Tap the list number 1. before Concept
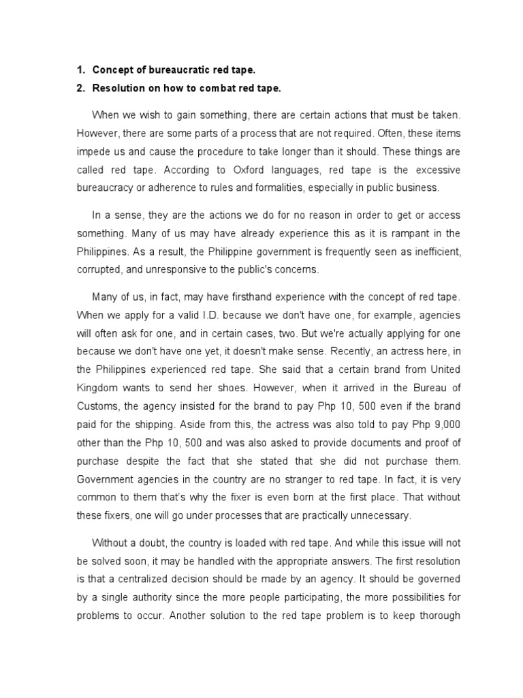point(80,70)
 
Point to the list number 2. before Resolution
point(80,89)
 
